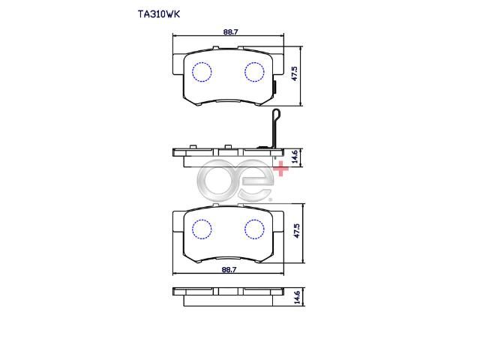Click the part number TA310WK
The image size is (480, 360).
pyautogui.click(x=158, y=14)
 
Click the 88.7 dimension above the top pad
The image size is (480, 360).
pyautogui.click(x=230, y=31)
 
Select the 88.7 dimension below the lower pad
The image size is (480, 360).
pyautogui.click(x=229, y=270)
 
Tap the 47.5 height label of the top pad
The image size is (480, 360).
pyautogui.click(x=295, y=73)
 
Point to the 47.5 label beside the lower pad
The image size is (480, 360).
pyautogui.click(x=297, y=231)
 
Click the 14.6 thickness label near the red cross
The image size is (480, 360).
pyautogui.click(x=295, y=157)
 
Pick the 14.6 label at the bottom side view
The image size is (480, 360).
pyautogui.click(x=297, y=297)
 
